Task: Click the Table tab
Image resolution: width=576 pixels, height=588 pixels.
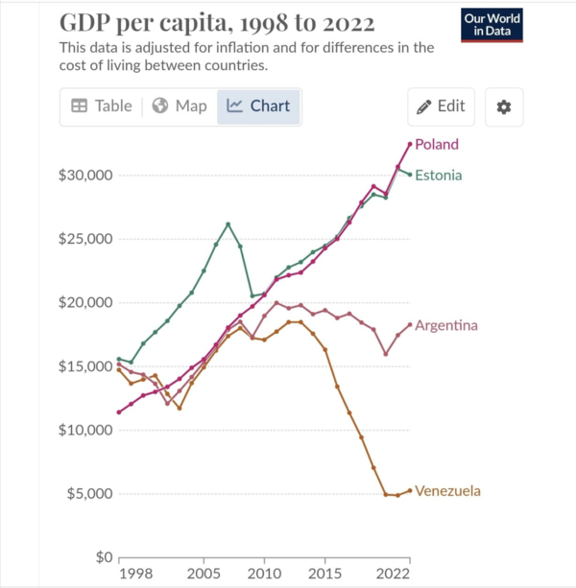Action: click(102, 106)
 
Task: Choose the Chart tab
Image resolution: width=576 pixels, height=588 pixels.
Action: click(259, 106)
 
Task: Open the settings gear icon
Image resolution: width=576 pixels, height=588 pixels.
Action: click(503, 106)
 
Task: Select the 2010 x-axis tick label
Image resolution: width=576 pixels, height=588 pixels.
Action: click(263, 573)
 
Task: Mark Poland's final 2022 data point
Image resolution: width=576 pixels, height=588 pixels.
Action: click(410, 144)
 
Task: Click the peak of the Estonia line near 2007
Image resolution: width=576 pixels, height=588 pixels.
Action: click(228, 224)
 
